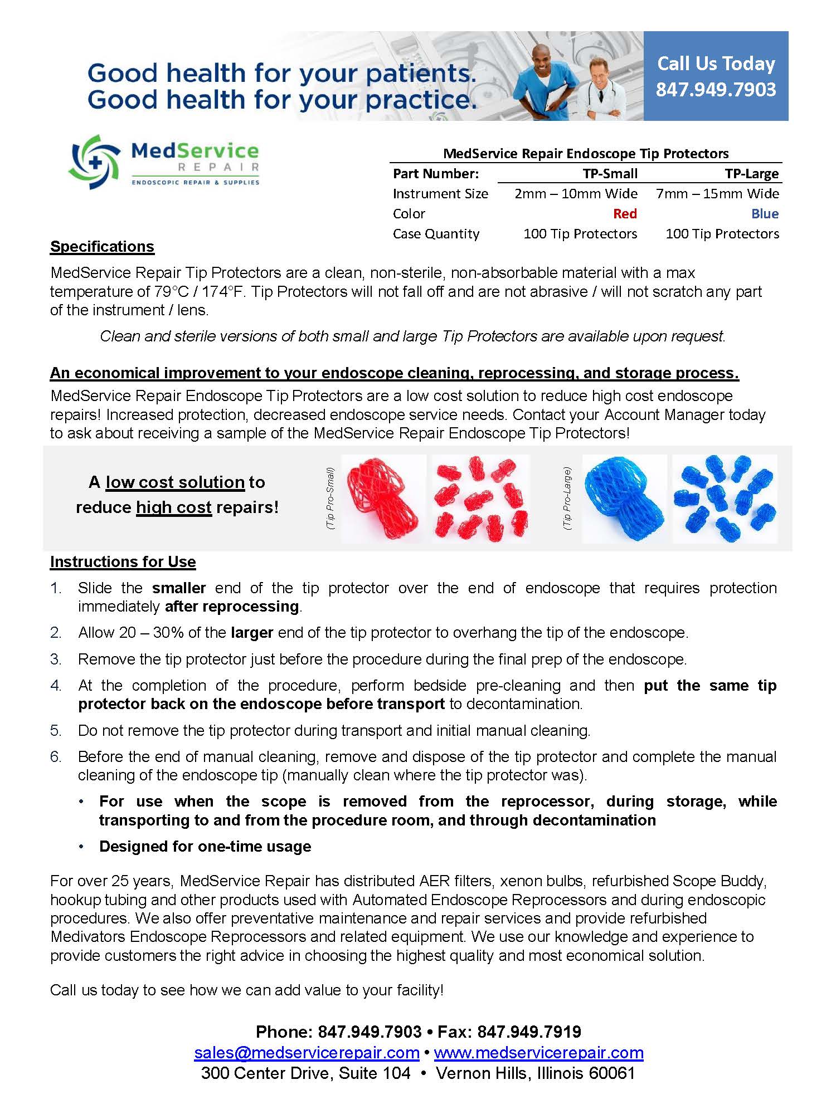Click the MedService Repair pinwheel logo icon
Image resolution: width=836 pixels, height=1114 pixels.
click(94, 162)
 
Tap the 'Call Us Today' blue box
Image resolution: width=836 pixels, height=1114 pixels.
click(716, 76)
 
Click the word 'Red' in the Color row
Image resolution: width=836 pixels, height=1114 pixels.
click(625, 214)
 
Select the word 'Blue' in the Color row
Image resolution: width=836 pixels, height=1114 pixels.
click(765, 214)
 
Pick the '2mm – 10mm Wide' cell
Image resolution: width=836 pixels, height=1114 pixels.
click(576, 194)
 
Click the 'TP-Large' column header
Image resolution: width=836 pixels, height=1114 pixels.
click(752, 174)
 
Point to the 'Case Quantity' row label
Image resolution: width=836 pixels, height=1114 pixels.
click(436, 234)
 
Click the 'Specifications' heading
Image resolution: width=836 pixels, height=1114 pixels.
click(102, 247)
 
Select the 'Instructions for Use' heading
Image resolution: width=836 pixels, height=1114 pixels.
click(123, 562)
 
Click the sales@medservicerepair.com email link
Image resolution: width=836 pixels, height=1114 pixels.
click(307, 1053)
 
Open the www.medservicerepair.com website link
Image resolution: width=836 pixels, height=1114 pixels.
click(538, 1053)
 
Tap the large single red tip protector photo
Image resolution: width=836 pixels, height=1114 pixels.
click(383, 499)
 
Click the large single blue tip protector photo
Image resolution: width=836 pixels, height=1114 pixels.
click(624, 499)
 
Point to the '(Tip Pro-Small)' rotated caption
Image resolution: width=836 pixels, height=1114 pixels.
click(330, 499)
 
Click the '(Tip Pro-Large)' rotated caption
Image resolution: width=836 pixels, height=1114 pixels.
click(567, 499)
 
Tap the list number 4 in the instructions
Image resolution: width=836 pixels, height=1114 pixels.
click(56, 686)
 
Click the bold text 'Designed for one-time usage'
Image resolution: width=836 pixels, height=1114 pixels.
click(205, 847)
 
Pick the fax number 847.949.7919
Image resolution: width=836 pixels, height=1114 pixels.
click(529, 1032)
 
